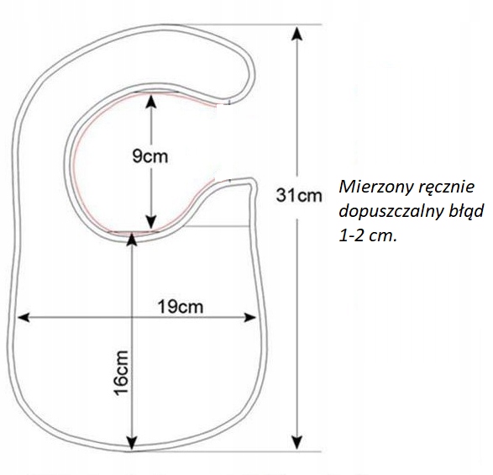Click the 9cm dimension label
click(150, 156)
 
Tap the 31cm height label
click(299, 196)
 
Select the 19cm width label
click(181, 306)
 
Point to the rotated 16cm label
click(121, 372)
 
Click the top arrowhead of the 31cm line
click(297, 33)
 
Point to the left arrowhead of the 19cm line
click(24, 317)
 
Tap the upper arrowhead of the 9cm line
click(151, 101)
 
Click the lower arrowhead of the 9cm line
click(151, 222)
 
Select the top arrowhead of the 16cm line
click(133, 238)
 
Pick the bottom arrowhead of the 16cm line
click(133, 442)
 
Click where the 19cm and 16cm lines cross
click(133, 317)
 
